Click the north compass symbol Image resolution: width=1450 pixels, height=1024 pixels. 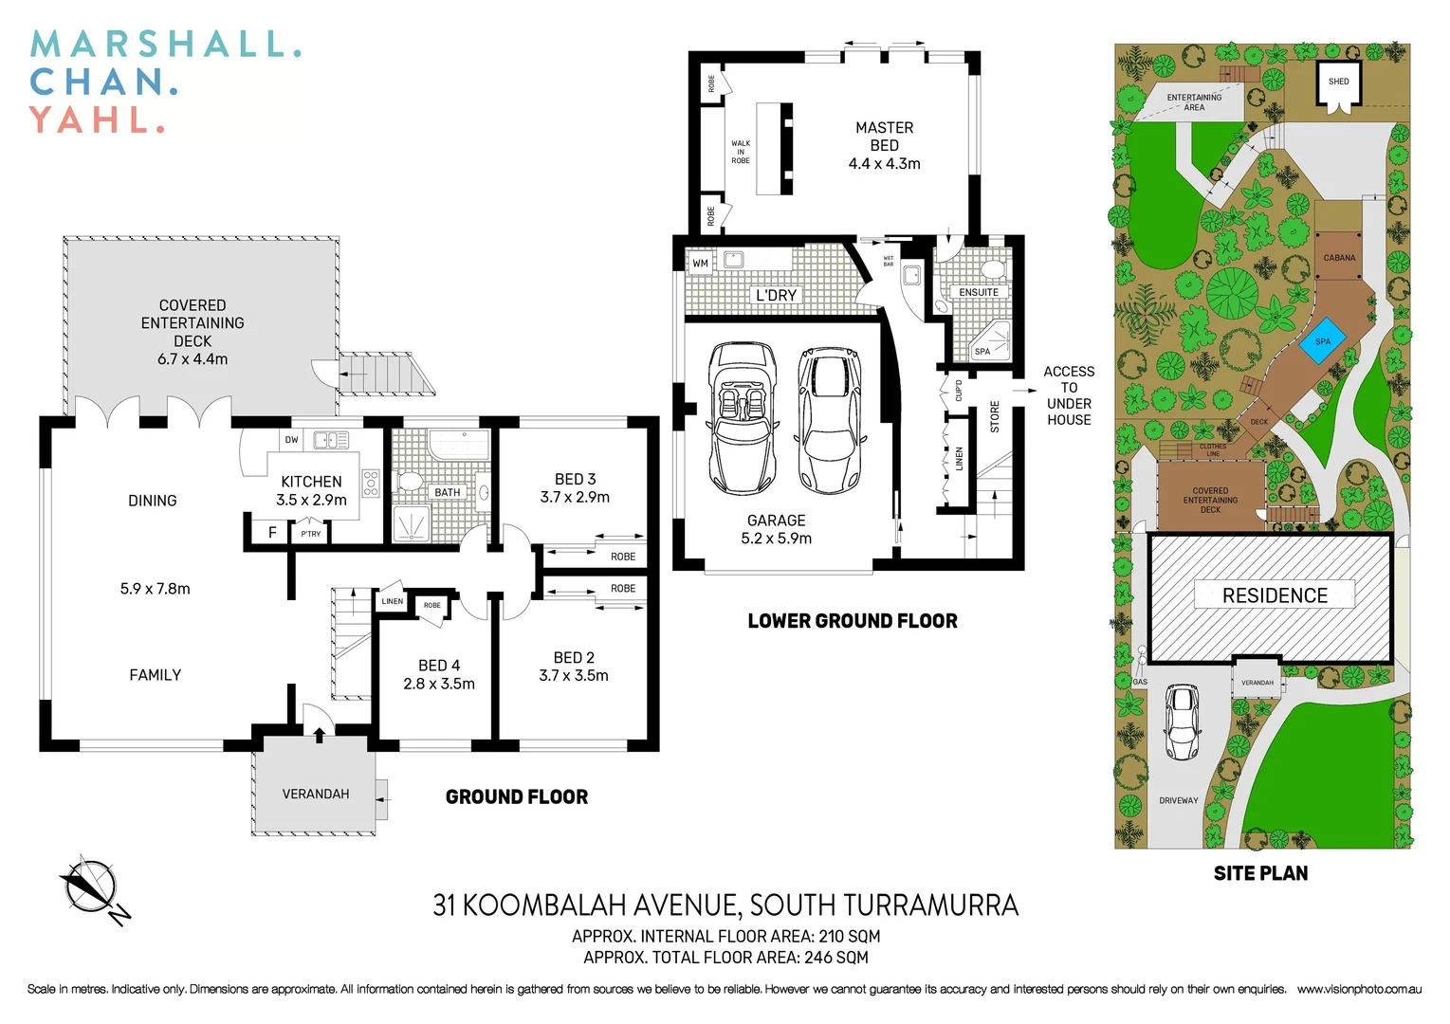pyautogui.click(x=92, y=888)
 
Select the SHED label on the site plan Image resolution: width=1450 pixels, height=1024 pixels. pyautogui.click(x=1338, y=82)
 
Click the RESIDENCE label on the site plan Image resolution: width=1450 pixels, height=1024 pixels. pyautogui.click(x=1275, y=595)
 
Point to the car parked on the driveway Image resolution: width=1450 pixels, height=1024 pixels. pyautogui.click(x=1181, y=722)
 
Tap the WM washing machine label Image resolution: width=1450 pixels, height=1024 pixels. pyautogui.click(x=700, y=264)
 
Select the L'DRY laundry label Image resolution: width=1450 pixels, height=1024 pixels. pyautogui.click(x=776, y=295)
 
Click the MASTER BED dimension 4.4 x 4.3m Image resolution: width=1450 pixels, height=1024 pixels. pyautogui.click(x=884, y=164)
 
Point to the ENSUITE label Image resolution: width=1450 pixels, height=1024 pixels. pyautogui.click(x=978, y=292)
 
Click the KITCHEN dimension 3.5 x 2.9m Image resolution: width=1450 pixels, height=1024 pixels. pyautogui.click(x=311, y=500)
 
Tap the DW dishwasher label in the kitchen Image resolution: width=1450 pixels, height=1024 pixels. pyautogui.click(x=291, y=440)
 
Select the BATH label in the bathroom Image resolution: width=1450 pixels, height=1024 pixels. pyautogui.click(x=447, y=492)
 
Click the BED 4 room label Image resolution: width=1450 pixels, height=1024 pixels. pyautogui.click(x=439, y=666)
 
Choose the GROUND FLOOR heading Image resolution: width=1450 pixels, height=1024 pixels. pyautogui.click(x=517, y=797)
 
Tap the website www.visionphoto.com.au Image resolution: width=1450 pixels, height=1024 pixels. pyautogui.click(x=1359, y=989)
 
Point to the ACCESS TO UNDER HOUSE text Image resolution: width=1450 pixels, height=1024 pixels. pyautogui.click(x=1069, y=395)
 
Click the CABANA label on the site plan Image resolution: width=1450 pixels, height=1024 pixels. pyautogui.click(x=1339, y=258)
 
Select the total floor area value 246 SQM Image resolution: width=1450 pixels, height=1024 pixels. pyautogui.click(x=835, y=958)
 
